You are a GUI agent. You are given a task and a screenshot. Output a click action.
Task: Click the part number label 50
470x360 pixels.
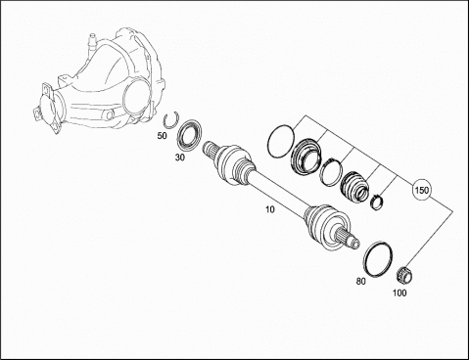[162, 136]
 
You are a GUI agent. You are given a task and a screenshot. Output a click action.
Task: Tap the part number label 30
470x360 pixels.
[180, 157]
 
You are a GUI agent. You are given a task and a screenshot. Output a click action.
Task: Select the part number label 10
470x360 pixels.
[270, 209]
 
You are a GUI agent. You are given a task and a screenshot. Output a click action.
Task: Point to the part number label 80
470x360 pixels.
[361, 281]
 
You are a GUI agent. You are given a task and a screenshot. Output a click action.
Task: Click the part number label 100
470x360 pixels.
[399, 292]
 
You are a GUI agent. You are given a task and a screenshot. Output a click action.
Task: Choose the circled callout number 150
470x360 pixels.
[422, 190]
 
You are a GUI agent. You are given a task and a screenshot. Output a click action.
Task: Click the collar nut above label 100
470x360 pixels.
[404, 274]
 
